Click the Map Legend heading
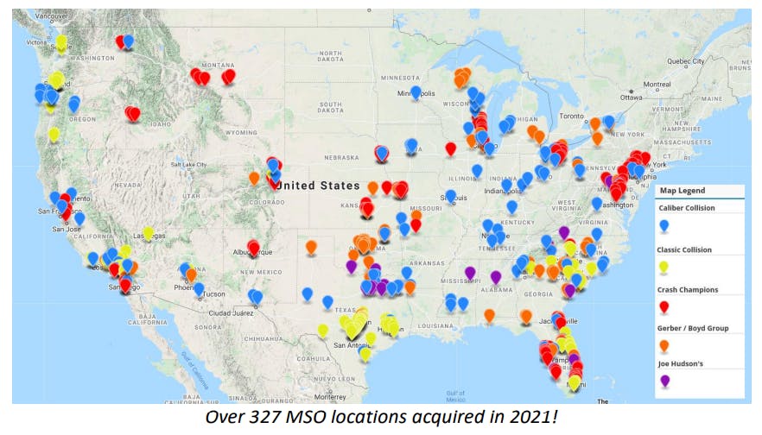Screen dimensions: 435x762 tap(683, 191)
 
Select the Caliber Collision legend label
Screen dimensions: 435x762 tap(687, 208)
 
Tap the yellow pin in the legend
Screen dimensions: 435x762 tap(664, 268)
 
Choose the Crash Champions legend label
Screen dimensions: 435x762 tap(688, 290)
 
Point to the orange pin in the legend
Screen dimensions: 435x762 tap(664, 346)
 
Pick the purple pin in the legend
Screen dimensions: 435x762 tap(664, 381)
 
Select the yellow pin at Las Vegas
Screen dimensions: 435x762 tap(149, 232)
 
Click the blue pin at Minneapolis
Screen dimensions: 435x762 tap(416, 91)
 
